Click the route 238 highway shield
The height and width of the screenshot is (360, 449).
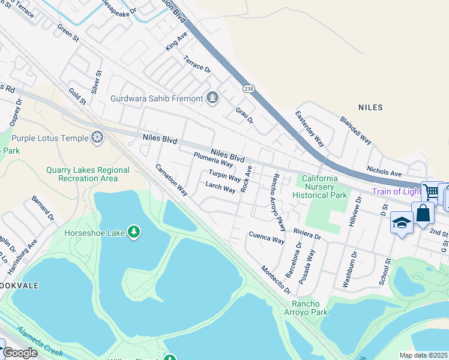248,88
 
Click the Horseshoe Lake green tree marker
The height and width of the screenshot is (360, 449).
133,232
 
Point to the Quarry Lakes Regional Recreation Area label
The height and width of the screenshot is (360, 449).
88,174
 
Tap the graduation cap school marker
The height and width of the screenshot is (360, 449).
401,223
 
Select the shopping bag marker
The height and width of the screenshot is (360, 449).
422,212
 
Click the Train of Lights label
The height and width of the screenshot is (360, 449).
396,192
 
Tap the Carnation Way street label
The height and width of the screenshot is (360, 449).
172,180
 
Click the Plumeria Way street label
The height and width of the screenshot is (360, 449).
212,160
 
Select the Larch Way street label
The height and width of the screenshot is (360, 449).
220,187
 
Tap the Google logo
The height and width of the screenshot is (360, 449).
20,353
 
